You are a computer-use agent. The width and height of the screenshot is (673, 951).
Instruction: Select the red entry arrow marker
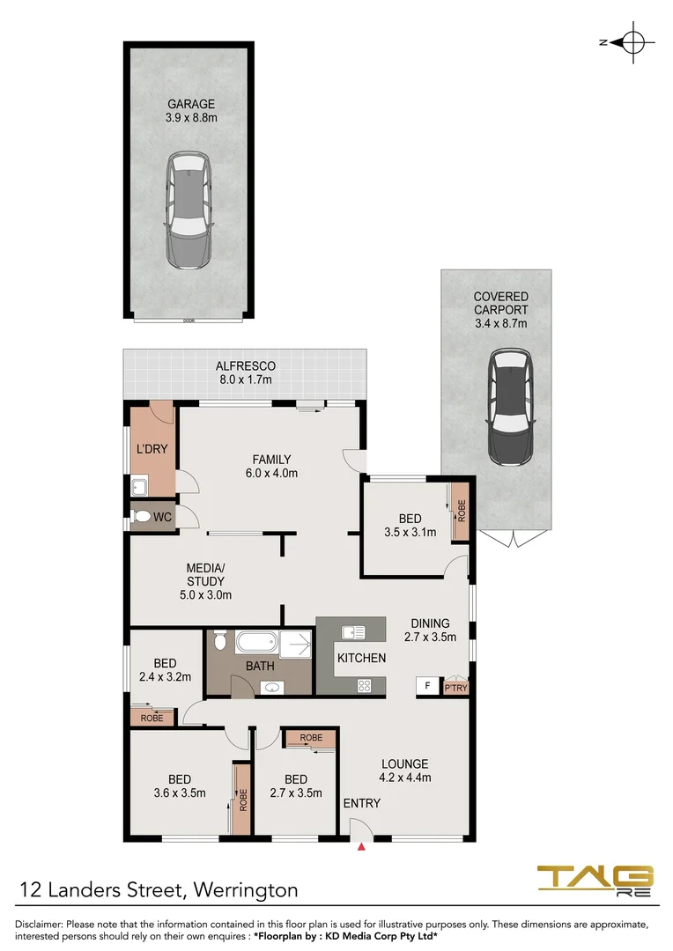pos(361,847)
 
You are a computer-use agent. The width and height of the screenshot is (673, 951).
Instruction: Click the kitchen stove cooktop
pos(364,686)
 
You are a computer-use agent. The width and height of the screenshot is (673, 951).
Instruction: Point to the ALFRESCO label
pos(246,365)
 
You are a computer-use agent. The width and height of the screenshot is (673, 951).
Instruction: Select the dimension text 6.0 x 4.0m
pos(271,473)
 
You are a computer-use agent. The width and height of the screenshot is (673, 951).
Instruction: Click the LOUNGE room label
pos(404,763)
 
